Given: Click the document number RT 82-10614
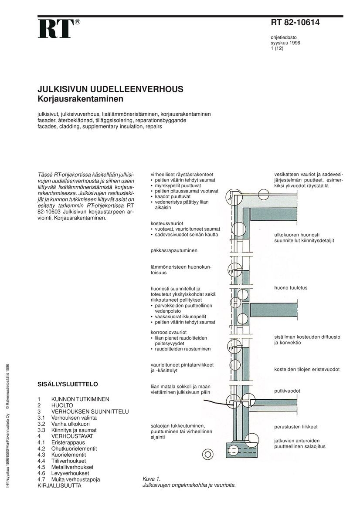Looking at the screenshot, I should tap(295, 23).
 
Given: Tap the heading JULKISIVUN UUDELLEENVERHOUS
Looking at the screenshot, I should tap(110, 89).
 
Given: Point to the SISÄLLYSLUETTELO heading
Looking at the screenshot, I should tap(68, 384).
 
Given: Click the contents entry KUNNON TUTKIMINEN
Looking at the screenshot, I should tap(80, 399).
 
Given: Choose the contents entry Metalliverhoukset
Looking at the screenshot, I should tap(71, 467).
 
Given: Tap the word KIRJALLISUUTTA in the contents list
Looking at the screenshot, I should tap(59, 485).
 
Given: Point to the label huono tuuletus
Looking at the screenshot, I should tap(291, 288).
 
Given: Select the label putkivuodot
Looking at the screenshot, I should tap(287, 391).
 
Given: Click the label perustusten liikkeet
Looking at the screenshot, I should tap(296, 427).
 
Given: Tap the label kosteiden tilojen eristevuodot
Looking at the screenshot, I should tap(307, 369).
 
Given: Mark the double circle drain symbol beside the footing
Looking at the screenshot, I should tap(207, 454).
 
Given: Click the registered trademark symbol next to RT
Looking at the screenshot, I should tap(77, 22).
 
